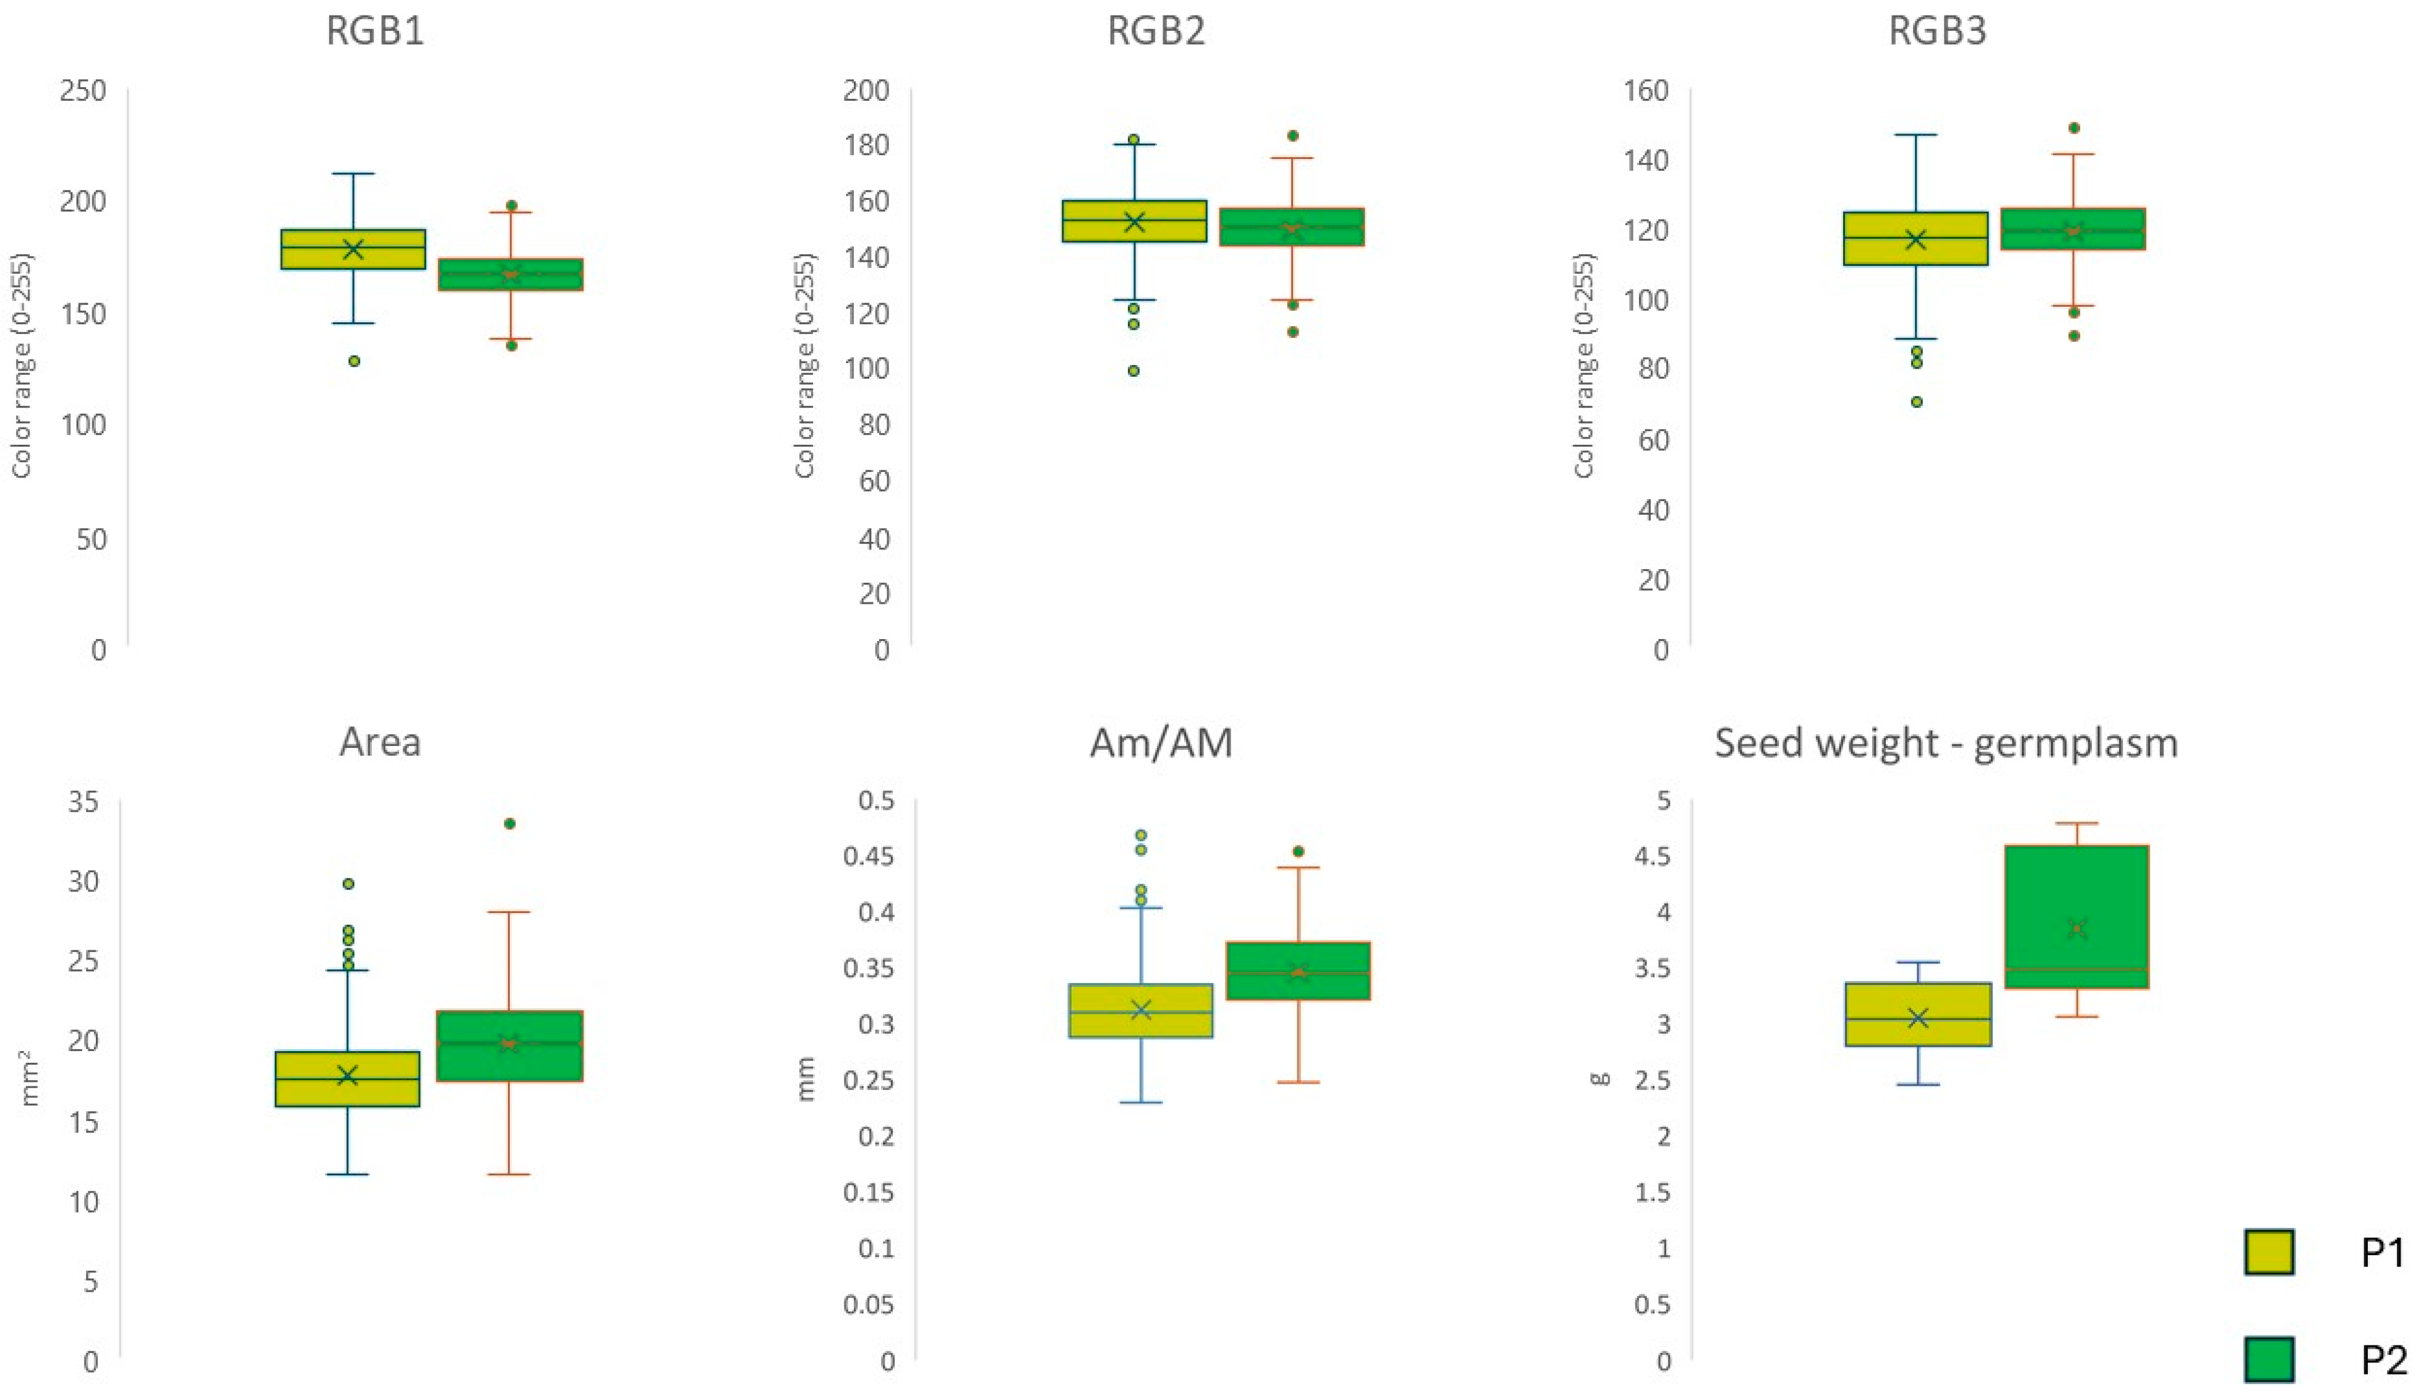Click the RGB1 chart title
374,32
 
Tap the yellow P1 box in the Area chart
347,1079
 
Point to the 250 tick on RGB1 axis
84,91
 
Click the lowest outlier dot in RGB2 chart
1133,371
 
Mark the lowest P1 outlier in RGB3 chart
1916,401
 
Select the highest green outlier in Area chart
510,823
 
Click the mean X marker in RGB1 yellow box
353,249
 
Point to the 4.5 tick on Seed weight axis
1649,856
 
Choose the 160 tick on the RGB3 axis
1646,91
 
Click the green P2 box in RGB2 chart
1291,227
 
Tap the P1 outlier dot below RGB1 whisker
353,361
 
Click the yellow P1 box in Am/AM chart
1140,1011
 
